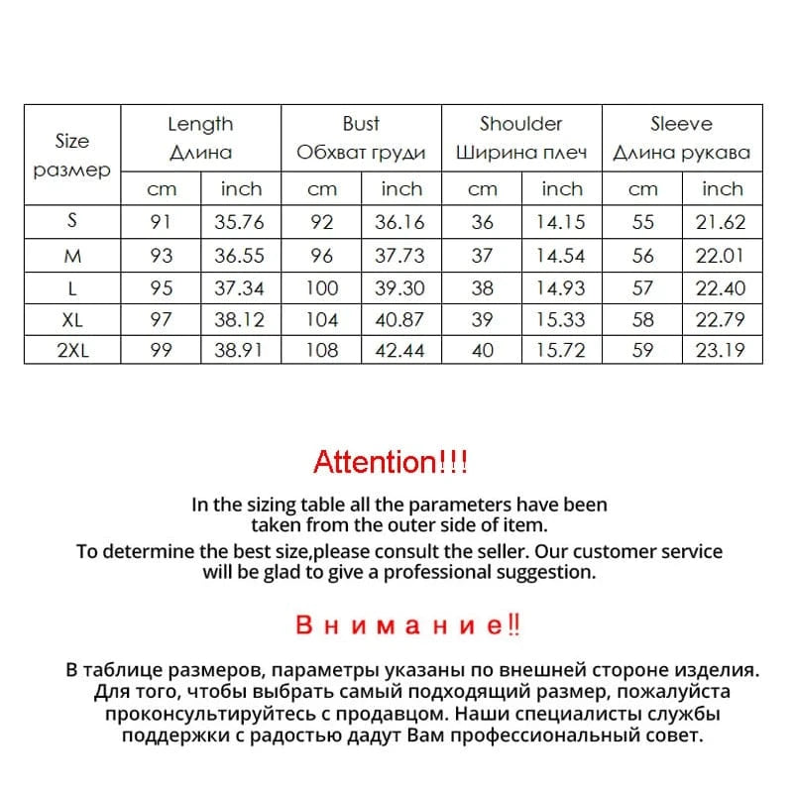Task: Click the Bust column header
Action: click(361, 124)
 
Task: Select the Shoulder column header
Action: click(520, 124)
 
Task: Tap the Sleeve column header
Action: click(681, 124)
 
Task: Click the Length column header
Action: click(200, 124)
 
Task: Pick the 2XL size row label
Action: click(72, 350)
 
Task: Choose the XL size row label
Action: click(72, 319)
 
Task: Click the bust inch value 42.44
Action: click(400, 350)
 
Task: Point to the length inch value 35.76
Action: click(240, 223)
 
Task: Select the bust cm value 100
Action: click(321, 287)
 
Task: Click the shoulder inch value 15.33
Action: click(561, 319)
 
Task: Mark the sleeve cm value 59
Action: click(643, 350)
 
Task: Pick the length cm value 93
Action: click(161, 256)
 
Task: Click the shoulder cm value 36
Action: click(483, 223)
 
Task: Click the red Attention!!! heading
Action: click(391, 461)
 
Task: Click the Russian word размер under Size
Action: click(72, 170)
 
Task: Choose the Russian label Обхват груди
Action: click(361, 153)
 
